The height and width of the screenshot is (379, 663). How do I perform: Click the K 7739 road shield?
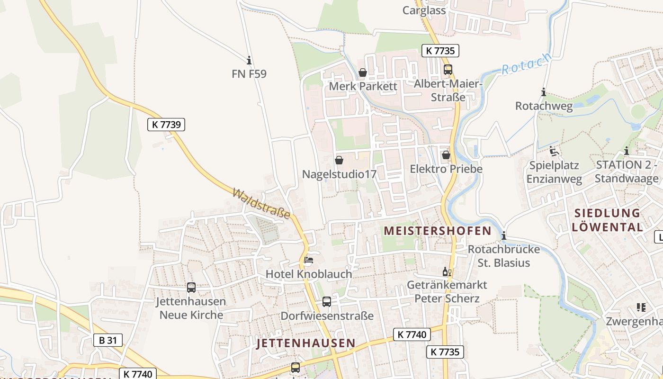point(166,125)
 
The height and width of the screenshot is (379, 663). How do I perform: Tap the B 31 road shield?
point(108,340)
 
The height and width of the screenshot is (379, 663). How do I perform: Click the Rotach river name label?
point(526,63)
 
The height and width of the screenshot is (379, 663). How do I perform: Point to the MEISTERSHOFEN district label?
point(438,231)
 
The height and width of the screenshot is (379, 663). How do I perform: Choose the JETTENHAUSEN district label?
point(306,343)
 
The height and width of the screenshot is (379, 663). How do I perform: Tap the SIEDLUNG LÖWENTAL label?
point(607,220)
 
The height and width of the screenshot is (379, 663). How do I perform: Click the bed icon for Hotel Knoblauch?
point(309,260)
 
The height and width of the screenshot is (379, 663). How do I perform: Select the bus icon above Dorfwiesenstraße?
point(326,301)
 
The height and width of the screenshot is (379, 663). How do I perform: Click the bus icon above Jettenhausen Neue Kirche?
point(191,287)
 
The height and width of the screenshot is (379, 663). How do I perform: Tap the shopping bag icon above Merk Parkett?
point(363,72)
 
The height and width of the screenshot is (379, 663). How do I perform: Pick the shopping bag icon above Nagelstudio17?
point(339,160)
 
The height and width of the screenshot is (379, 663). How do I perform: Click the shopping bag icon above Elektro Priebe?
point(446,155)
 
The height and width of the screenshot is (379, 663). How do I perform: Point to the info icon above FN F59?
point(249,60)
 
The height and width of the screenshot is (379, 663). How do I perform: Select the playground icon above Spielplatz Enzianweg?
point(554,152)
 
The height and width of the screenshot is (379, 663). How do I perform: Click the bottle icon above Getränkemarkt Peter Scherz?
point(447,271)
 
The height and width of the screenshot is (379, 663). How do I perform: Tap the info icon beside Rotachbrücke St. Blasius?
point(503,235)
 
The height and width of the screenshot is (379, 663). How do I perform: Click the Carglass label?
point(424,10)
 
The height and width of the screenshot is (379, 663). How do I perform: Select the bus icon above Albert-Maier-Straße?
point(448,70)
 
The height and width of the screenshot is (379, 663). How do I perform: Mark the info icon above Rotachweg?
point(544,92)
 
